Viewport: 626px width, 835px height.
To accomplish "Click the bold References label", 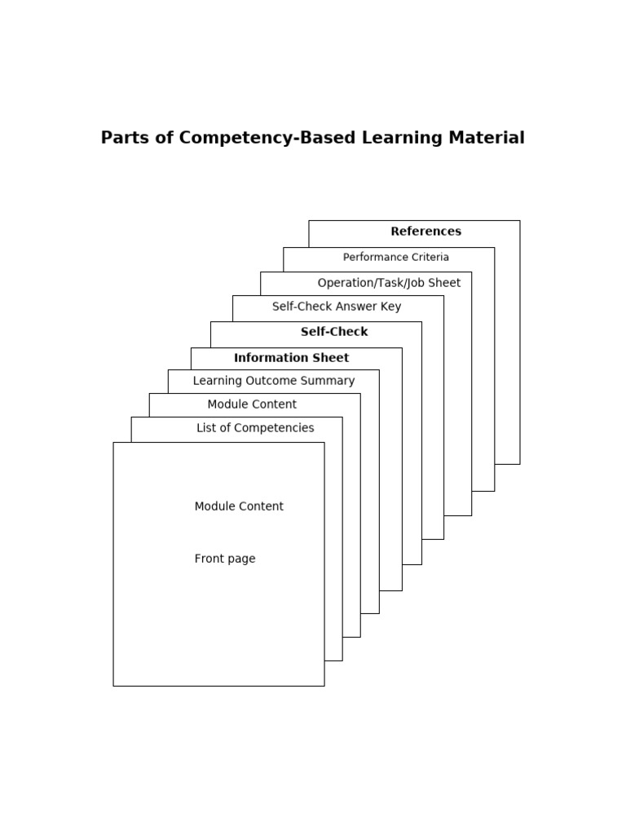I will pos(425,232).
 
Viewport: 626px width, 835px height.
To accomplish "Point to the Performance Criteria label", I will pos(395,258).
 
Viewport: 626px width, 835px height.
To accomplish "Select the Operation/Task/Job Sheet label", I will pos(389,283).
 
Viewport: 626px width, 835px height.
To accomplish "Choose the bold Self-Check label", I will pos(334,332).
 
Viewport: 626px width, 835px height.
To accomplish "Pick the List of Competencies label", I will pos(255,428).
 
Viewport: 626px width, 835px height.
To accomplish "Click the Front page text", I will pos(225,559).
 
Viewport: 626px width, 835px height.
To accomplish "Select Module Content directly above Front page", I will pos(239,506).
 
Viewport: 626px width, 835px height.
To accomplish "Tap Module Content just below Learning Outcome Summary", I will pos(252,404).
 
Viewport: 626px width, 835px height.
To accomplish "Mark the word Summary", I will pos(330,381).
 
